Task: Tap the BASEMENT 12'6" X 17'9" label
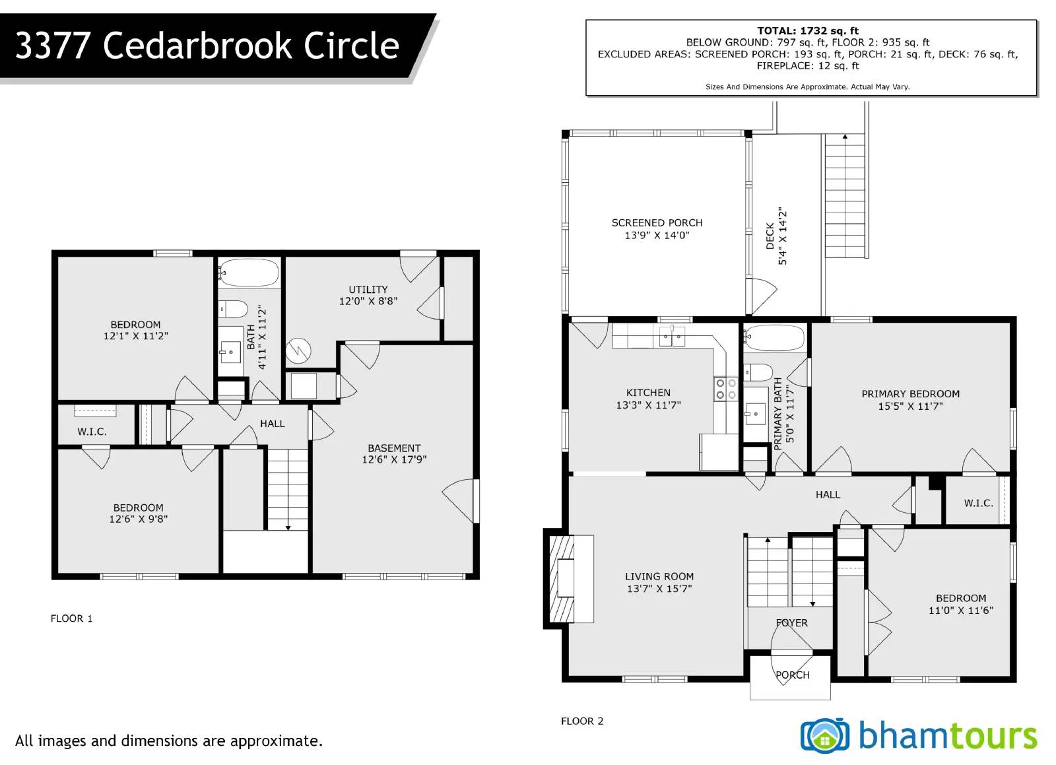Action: pos(394,453)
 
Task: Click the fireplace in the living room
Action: pos(562,578)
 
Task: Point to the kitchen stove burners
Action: pos(725,389)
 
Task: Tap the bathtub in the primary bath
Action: pos(774,337)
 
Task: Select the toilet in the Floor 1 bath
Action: pos(232,308)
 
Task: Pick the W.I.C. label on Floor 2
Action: pos(978,503)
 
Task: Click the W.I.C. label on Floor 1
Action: pos(92,432)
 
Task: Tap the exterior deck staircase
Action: pos(845,196)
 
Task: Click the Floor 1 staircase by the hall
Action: pos(288,489)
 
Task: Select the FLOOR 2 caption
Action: pos(582,721)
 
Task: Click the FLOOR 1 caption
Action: pos(71,618)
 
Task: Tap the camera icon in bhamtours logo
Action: pos(824,735)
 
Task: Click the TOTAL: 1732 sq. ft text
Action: pos(807,30)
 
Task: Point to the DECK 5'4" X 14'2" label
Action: pos(776,236)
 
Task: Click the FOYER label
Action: pos(791,622)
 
